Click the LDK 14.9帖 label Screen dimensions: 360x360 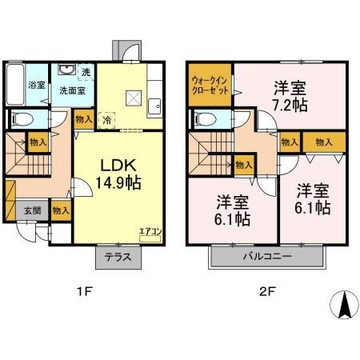point(120,174)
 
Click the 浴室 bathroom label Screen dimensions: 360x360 point(36,85)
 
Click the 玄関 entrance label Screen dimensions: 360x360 point(31,210)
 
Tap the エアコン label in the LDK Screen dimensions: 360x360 point(150,233)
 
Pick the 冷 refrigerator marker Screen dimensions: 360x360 point(108,120)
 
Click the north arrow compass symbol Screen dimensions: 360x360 point(342,305)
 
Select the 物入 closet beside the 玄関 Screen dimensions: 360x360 point(60,210)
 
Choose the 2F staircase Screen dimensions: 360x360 point(210,152)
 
